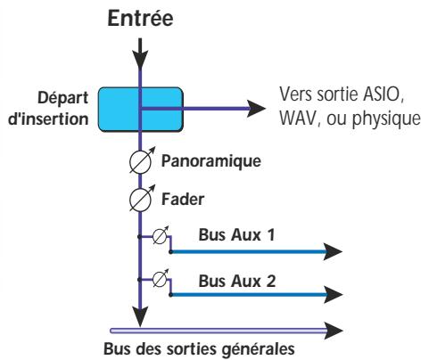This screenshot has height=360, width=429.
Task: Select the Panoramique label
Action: [x=207, y=163]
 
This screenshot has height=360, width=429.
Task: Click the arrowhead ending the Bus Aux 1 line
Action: [x=330, y=252]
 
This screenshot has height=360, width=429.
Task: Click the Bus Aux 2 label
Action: [x=227, y=278]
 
